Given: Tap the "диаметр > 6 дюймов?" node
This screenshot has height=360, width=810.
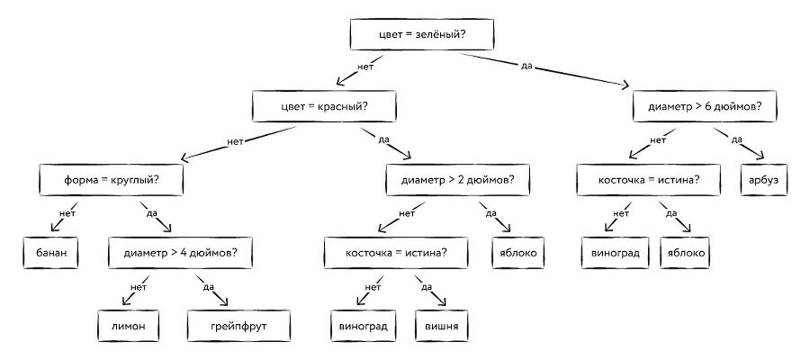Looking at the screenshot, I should pyautogui.click(x=705, y=108).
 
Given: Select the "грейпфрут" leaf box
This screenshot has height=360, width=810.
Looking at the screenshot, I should pyautogui.click(x=239, y=324).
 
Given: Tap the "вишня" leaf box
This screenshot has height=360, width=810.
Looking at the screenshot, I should pyautogui.click(x=441, y=325).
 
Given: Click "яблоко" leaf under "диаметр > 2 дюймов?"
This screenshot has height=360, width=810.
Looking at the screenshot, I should pyautogui.click(x=517, y=253).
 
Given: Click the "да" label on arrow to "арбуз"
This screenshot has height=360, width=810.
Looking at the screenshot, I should pyautogui.click(x=735, y=139).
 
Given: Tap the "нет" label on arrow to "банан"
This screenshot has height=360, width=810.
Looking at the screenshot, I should pyautogui.click(x=67, y=212).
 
